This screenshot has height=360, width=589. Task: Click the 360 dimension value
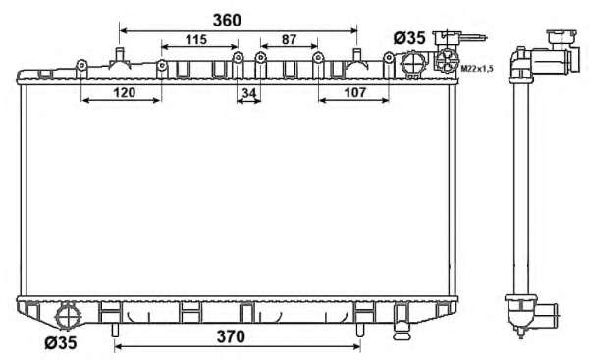[227, 21]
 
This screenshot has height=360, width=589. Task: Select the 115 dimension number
[196, 39]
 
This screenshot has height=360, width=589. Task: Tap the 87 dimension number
[289, 39]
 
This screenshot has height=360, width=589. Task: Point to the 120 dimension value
[125, 92]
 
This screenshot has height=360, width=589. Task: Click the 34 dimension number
[249, 93]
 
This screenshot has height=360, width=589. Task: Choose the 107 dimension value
[354, 92]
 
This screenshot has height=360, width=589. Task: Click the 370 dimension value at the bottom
[231, 336]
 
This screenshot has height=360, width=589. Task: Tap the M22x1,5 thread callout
[477, 69]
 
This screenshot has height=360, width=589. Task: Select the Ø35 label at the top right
[409, 38]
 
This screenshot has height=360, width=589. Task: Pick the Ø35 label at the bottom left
[61, 342]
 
